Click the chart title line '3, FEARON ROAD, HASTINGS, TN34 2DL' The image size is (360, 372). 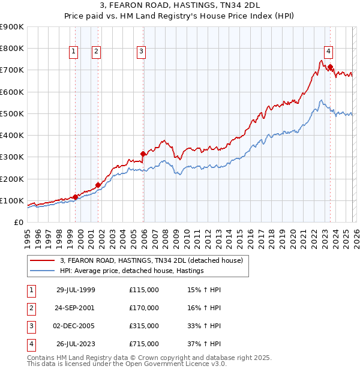pyautogui.click(x=180, y=7)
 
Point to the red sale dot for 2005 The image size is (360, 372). pyautogui.click(x=143, y=154)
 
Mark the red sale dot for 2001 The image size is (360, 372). pyautogui.click(x=98, y=185)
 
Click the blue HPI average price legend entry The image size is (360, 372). pyautogui.click(x=132, y=271)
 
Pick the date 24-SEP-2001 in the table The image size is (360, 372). pyautogui.click(x=76, y=308)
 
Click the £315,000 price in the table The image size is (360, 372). pyautogui.click(x=144, y=326)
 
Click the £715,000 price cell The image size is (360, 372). pyautogui.click(x=144, y=344)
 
